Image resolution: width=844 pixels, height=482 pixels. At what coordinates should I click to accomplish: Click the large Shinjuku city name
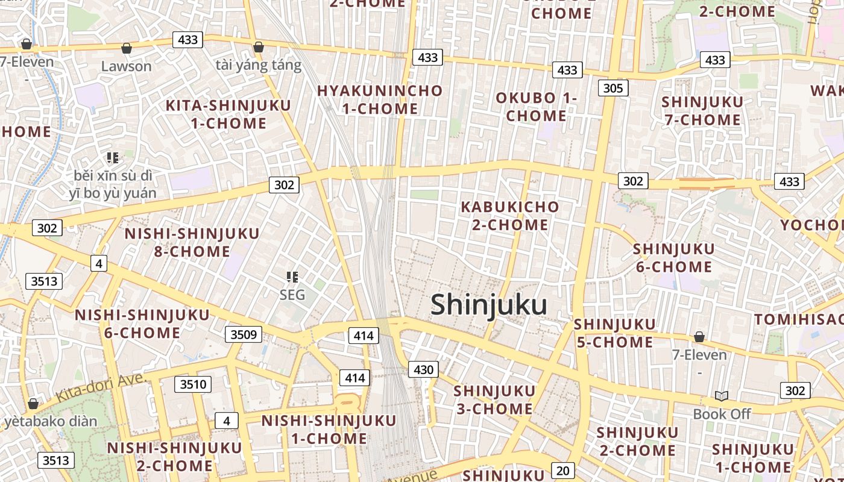489,305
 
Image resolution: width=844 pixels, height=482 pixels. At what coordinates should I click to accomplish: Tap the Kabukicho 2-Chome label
510,216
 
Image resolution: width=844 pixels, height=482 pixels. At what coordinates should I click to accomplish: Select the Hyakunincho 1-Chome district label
380,100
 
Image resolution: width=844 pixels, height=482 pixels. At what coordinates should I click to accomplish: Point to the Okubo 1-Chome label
537,107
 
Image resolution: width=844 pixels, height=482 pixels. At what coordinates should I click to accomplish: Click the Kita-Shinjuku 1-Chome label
228,114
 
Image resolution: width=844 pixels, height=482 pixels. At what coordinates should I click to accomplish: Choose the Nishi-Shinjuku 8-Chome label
192,242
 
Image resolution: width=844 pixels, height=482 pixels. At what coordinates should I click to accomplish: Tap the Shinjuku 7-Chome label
702,111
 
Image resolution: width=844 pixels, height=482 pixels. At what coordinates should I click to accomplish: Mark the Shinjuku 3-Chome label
494,400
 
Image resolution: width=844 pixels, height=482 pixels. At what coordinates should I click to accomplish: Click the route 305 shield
613,89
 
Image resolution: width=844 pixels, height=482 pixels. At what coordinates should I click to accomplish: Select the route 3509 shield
244,334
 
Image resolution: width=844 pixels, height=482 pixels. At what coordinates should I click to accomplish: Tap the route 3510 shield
193,384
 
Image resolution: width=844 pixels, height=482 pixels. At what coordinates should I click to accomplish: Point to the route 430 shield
423,369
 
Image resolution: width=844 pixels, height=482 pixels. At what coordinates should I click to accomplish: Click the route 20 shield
562,471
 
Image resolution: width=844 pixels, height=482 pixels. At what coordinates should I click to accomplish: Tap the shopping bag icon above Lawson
127,48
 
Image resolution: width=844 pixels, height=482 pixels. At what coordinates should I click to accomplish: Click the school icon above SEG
292,277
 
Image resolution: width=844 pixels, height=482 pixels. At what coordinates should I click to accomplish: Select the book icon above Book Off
722,396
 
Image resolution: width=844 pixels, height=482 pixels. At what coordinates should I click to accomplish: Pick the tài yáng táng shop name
259,65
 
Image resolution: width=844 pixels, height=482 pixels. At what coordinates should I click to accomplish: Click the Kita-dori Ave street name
100,388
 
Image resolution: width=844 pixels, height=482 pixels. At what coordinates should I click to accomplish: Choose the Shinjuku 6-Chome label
674,258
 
